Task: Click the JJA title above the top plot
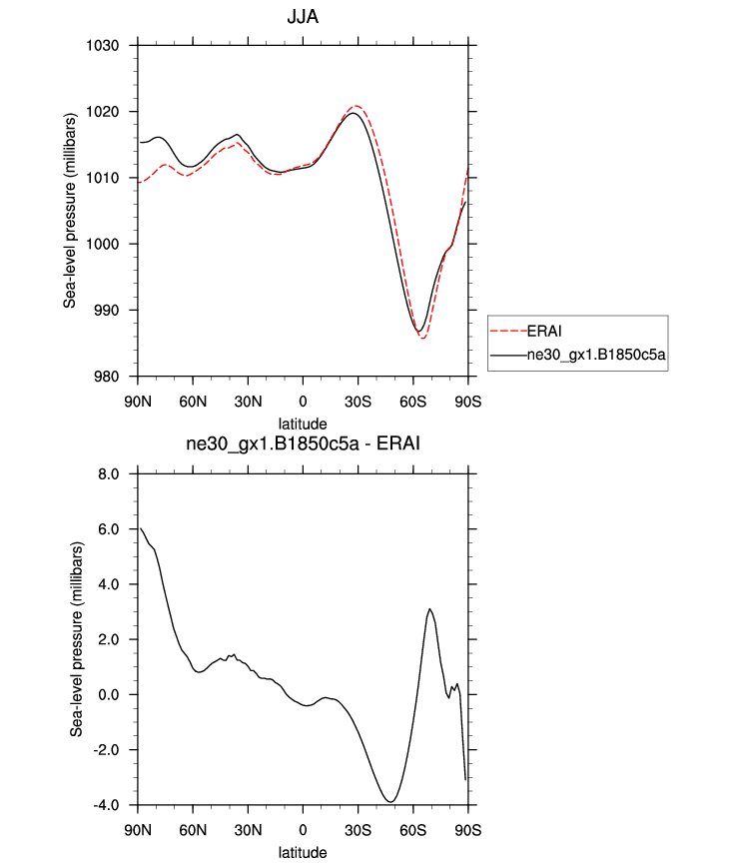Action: tap(303, 17)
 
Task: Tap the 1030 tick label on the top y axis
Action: tap(103, 46)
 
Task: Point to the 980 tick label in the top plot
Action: tap(107, 377)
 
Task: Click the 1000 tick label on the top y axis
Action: tap(103, 244)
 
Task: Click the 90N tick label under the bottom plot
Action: tap(138, 830)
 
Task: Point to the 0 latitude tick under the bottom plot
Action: tap(303, 830)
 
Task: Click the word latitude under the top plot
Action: tap(303, 424)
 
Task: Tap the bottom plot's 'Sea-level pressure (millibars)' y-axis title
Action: tap(77, 638)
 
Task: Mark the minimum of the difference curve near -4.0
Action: tap(390, 801)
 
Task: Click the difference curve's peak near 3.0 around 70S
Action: tap(429, 608)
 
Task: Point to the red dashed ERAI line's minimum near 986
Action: tap(423, 339)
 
